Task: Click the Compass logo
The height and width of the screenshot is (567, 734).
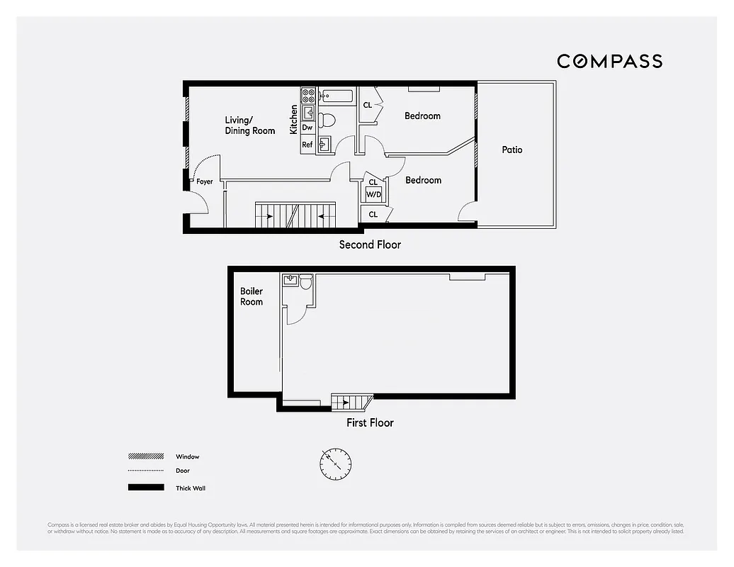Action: [609, 61]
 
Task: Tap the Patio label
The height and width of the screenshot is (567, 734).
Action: [512, 150]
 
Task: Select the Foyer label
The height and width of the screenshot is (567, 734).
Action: [205, 182]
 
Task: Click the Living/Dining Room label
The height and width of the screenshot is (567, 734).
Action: [249, 125]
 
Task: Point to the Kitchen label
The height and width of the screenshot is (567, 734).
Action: [294, 120]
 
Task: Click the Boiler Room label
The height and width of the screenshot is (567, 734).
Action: [252, 296]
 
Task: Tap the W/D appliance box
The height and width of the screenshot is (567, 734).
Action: [373, 195]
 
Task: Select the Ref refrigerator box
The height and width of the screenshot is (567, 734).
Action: [307, 145]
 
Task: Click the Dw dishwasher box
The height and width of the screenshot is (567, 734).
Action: [307, 128]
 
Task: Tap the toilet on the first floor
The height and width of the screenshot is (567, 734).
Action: [305, 282]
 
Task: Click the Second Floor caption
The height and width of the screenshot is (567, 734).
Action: [370, 245]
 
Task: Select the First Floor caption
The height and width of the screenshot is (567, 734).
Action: [370, 422]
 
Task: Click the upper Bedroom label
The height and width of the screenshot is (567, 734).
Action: [422, 116]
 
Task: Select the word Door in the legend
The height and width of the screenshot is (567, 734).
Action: [183, 471]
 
